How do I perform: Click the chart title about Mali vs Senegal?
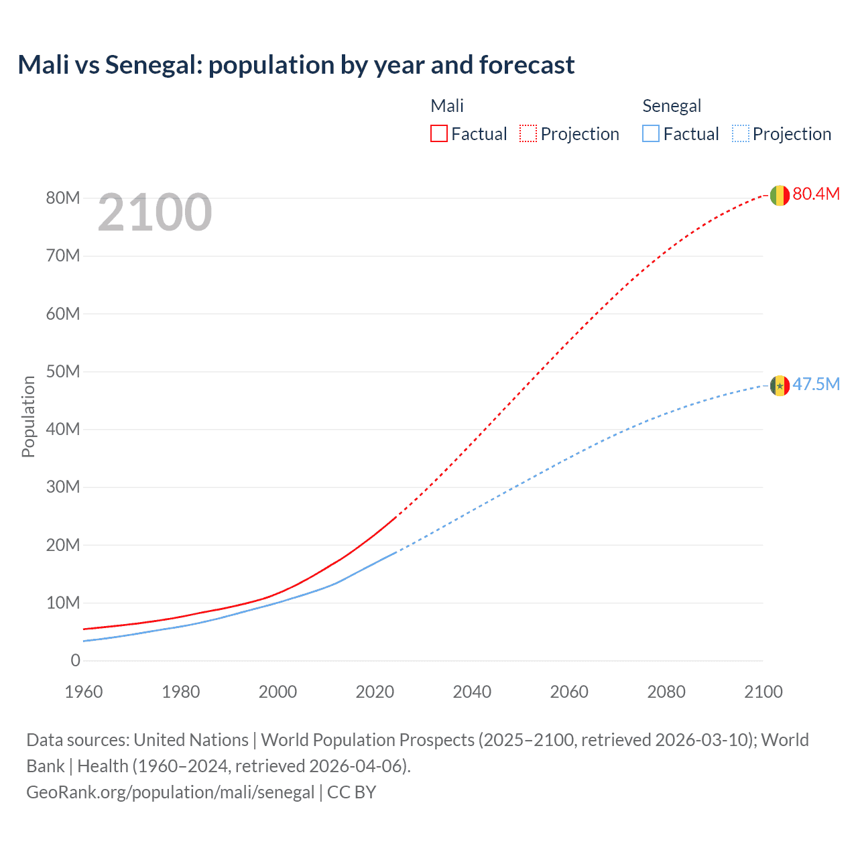coord(296,65)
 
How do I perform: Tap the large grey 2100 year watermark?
coord(155,212)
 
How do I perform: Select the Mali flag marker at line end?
coord(779,195)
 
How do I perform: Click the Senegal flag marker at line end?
coord(779,385)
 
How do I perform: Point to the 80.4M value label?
coord(816,194)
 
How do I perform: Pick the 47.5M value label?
coord(816,384)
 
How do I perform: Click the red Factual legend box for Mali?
coord(438,133)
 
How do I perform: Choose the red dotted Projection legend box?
coord(528,133)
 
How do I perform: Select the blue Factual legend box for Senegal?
coord(650,133)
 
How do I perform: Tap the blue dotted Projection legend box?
coord(740,133)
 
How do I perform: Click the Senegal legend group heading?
coord(671,106)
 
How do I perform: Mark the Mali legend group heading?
coord(447,106)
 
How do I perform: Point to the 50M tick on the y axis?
coord(63,371)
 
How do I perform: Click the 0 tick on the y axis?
coord(75,660)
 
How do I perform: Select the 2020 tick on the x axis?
coord(375,692)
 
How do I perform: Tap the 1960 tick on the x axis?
coord(84,692)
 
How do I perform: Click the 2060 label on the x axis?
coord(569,692)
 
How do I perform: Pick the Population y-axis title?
coord(28,416)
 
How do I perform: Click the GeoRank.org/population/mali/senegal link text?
coord(170,792)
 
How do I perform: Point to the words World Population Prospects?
coord(367,740)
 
